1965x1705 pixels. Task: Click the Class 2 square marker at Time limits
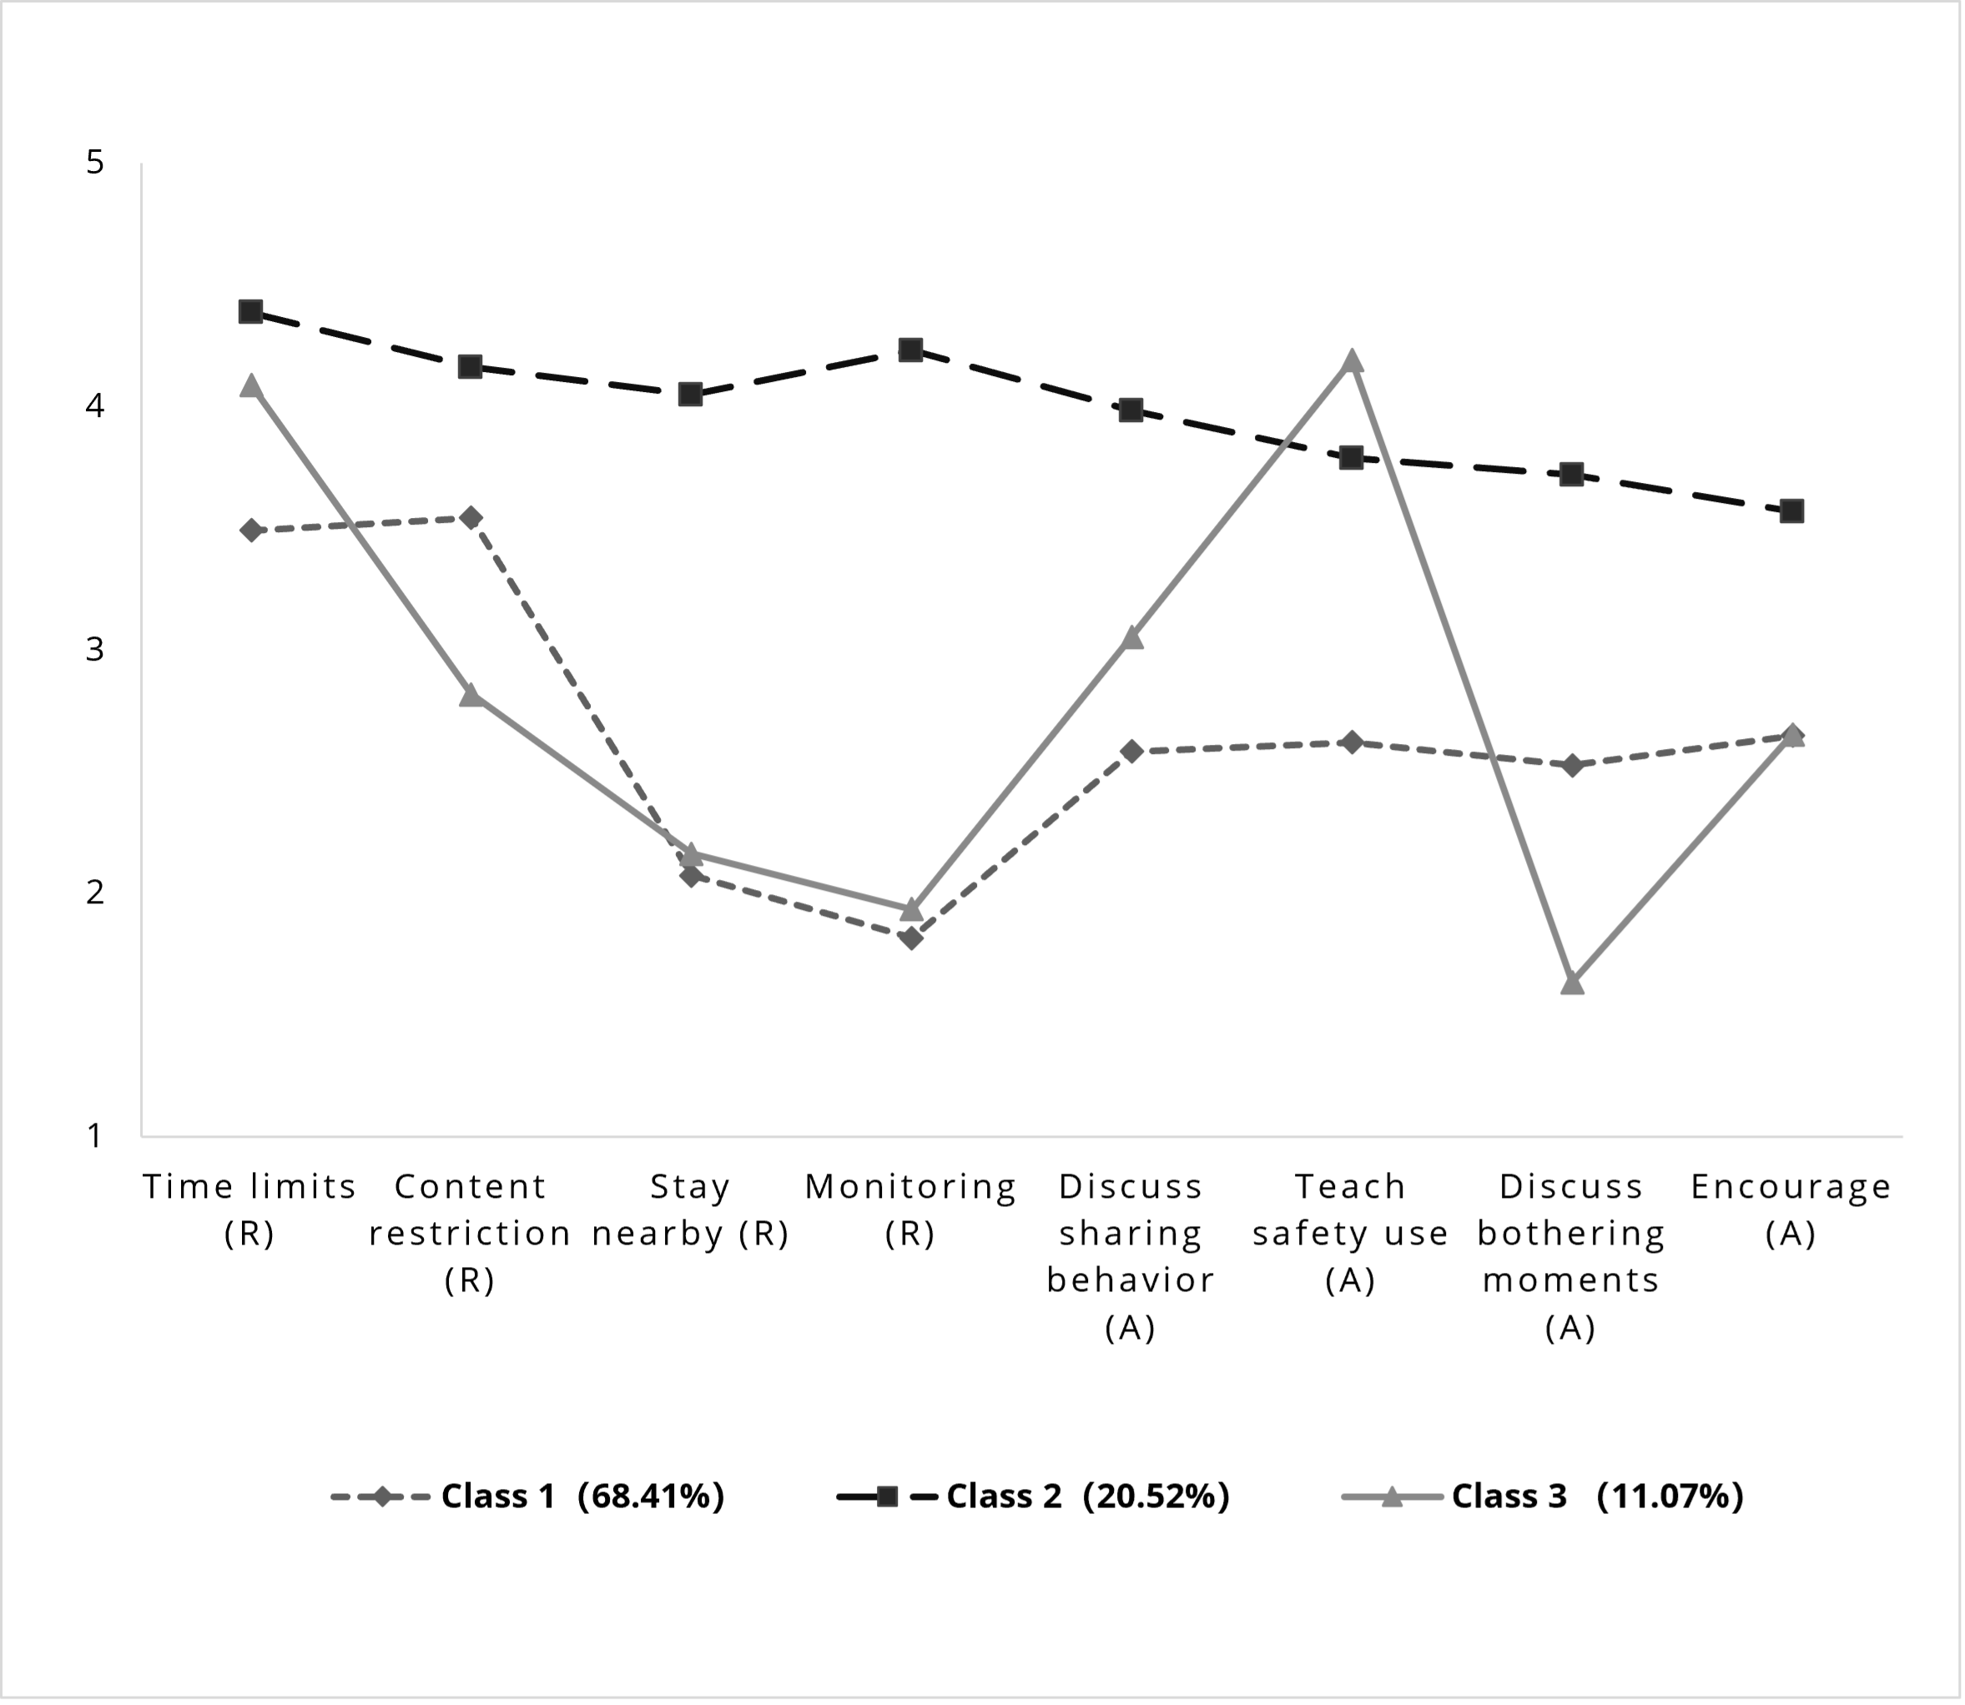click(x=250, y=311)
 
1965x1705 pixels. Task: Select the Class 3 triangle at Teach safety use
click(x=1351, y=360)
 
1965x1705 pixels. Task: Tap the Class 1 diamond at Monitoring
click(x=910, y=939)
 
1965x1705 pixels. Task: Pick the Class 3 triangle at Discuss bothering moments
click(x=1572, y=982)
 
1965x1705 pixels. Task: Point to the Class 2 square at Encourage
click(x=1791, y=511)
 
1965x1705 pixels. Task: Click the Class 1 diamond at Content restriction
click(x=470, y=517)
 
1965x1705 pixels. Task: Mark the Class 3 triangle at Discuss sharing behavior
click(x=1131, y=637)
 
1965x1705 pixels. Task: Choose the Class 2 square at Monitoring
click(x=910, y=350)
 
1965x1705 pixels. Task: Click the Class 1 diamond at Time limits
click(x=250, y=530)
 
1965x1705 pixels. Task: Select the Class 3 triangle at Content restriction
click(x=470, y=695)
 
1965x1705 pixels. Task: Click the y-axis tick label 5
click(x=94, y=163)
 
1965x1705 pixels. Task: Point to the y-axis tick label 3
click(x=94, y=650)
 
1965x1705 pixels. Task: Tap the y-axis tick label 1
click(x=94, y=1135)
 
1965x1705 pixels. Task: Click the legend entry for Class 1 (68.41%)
click(x=528, y=1496)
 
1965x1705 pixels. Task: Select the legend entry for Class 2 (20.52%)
click(x=1034, y=1496)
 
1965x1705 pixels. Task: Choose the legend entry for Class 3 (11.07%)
click(x=1543, y=1496)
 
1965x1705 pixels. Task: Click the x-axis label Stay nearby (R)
click(x=691, y=1210)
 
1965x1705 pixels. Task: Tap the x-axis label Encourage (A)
click(x=1791, y=1210)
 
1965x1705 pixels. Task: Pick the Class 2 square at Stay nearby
click(x=691, y=394)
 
